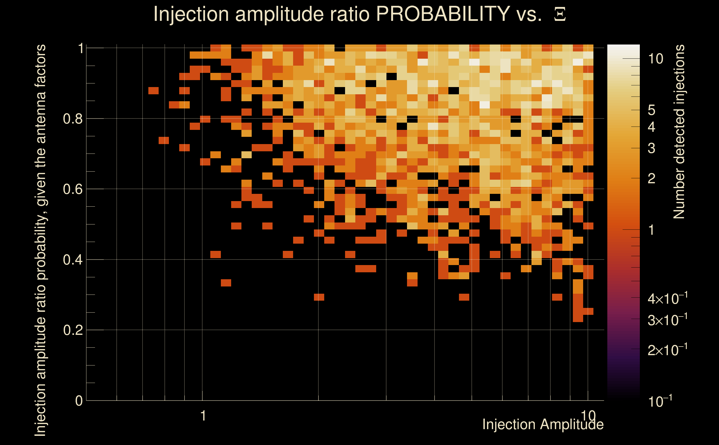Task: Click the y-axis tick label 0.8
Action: (x=73, y=119)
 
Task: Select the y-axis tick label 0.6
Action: (x=73, y=189)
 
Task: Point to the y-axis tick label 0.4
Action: (x=73, y=260)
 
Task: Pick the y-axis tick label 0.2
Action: (x=73, y=330)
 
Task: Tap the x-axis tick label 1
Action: (x=203, y=416)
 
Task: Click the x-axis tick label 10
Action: (x=588, y=416)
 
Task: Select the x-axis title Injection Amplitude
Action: (x=543, y=425)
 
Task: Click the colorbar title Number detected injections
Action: (x=679, y=132)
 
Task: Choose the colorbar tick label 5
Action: (x=651, y=110)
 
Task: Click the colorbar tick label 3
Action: (x=651, y=148)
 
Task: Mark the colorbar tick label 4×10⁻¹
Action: (x=667, y=299)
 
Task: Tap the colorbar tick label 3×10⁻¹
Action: (x=667, y=320)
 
